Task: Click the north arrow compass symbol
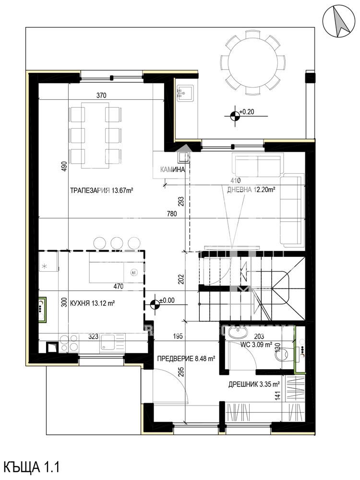(340, 23)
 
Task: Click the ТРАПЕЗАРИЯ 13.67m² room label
(101, 190)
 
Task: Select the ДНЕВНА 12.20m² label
(251, 190)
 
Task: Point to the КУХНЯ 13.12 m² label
(93, 303)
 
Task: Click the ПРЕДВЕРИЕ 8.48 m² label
(186, 358)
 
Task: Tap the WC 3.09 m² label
(256, 345)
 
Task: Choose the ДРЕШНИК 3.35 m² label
(254, 384)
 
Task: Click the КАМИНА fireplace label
(173, 169)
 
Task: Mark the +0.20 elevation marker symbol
(235, 116)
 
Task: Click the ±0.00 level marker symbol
(156, 304)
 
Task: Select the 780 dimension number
(172, 214)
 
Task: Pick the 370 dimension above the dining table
(101, 95)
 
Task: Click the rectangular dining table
(95, 135)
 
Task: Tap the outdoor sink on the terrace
(185, 93)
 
